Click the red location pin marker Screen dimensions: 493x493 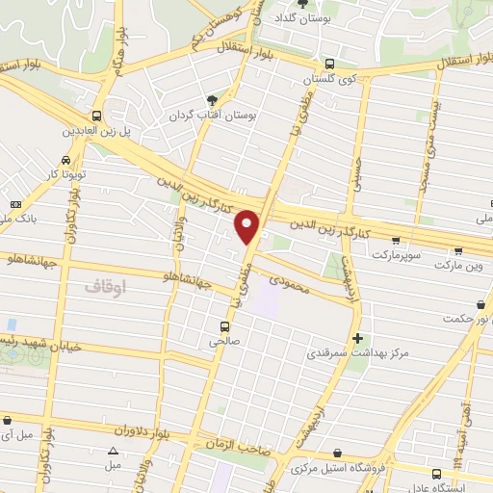point(248,226)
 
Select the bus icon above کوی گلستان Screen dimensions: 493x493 point(330,61)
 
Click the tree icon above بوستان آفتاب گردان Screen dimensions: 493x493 point(212,99)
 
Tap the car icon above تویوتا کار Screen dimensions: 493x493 point(64,161)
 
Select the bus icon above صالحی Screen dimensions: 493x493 point(223,324)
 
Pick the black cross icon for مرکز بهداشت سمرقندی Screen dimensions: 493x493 point(358,338)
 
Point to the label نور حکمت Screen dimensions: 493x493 point(468,319)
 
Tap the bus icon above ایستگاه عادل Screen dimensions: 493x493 point(436,473)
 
